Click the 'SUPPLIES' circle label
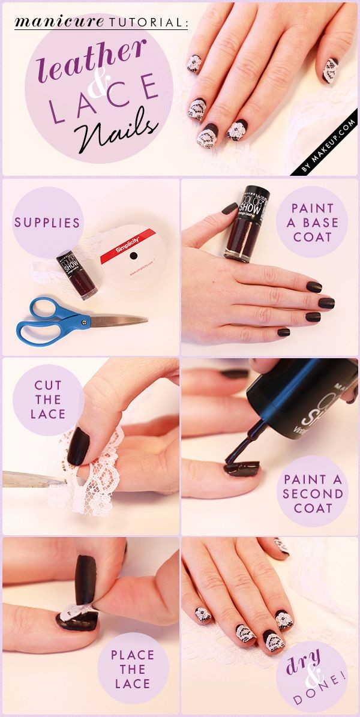[47, 223]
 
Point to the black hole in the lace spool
[133, 257]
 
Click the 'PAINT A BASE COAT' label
[312, 223]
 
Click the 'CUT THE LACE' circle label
[47, 400]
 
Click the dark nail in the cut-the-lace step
[79, 446]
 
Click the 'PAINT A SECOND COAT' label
[313, 494]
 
